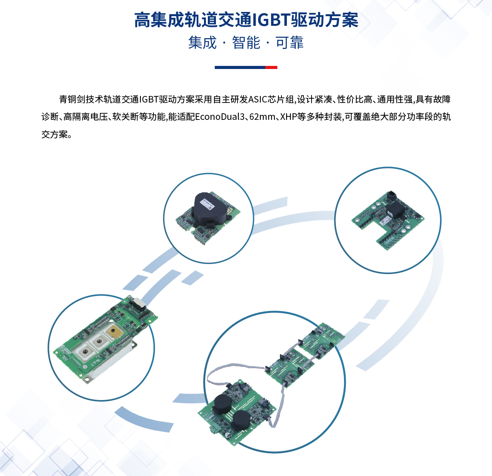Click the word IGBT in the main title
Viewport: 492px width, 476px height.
point(271,20)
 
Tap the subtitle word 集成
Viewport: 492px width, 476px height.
point(202,42)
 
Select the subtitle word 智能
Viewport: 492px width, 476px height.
point(246,42)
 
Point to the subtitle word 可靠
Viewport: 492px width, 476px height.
point(290,42)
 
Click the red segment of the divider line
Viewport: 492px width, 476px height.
point(271,67)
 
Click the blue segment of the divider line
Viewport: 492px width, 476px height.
point(240,67)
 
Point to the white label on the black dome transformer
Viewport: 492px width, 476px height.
point(207,204)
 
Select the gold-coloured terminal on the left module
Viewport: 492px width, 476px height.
point(114,331)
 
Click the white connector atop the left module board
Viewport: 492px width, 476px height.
point(139,304)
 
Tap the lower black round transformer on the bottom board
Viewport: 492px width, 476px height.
point(241,420)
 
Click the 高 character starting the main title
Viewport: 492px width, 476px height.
point(142,20)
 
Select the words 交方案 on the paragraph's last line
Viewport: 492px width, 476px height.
point(55,135)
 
